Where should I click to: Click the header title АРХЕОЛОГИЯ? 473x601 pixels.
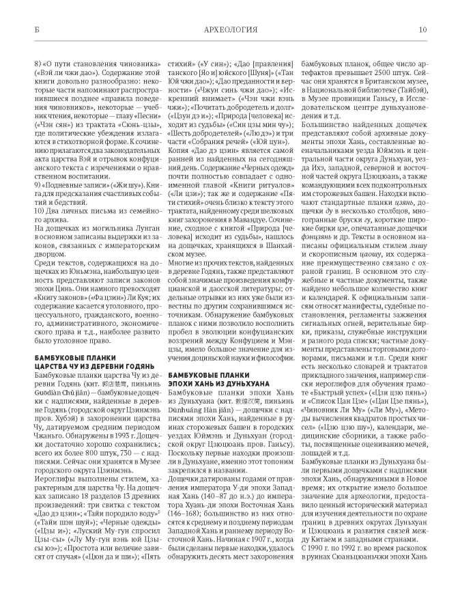pyautogui.click(x=235, y=30)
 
